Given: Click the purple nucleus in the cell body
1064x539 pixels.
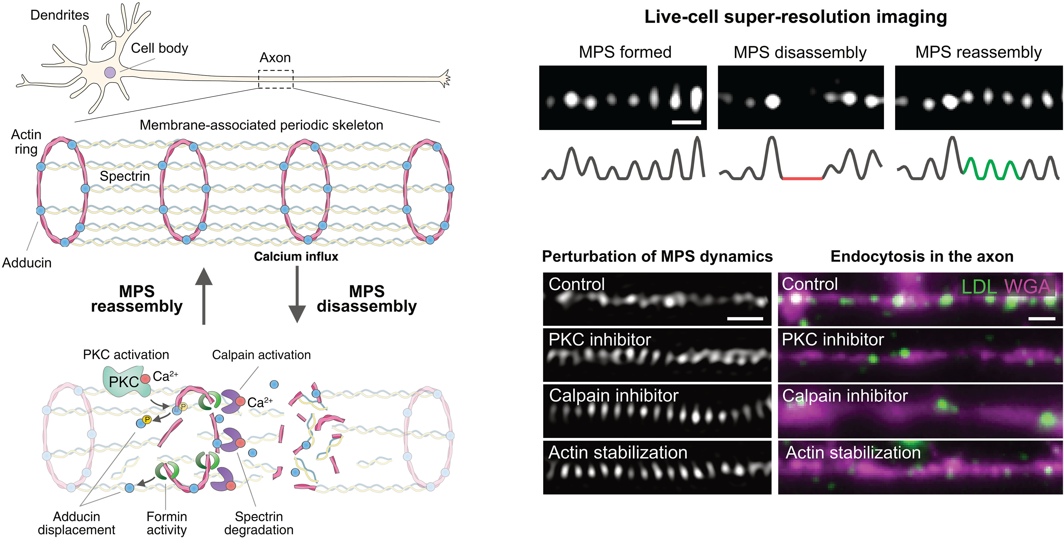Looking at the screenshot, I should pyautogui.click(x=110, y=73).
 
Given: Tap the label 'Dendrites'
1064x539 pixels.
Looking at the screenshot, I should pyautogui.click(x=60, y=15).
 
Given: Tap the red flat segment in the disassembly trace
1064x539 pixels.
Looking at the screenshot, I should pyautogui.click(x=802, y=178).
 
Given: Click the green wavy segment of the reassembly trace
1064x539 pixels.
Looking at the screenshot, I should pyautogui.click(x=991, y=169).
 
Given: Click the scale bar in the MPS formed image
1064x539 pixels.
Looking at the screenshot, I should pyautogui.click(x=686, y=122).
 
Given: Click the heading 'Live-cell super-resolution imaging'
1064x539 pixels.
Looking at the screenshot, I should pyautogui.click(x=796, y=17).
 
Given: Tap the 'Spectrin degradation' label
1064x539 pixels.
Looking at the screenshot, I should pyautogui.click(x=259, y=523).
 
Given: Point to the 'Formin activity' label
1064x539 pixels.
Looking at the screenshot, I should pyautogui.click(x=167, y=523).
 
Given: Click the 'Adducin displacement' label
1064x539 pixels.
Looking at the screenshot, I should pyautogui.click(x=76, y=523).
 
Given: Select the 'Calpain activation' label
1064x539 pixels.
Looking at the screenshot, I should pyautogui.click(x=261, y=355).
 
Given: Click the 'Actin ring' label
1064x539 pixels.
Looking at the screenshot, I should pyautogui.click(x=26, y=142).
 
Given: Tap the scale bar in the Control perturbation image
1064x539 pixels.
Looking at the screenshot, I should pyautogui.click(x=745, y=318).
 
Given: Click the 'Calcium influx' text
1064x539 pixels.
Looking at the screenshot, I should pyautogui.click(x=296, y=256).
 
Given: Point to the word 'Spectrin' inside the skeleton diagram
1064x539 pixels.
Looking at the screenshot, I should pyautogui.click(x=125, y=176).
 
